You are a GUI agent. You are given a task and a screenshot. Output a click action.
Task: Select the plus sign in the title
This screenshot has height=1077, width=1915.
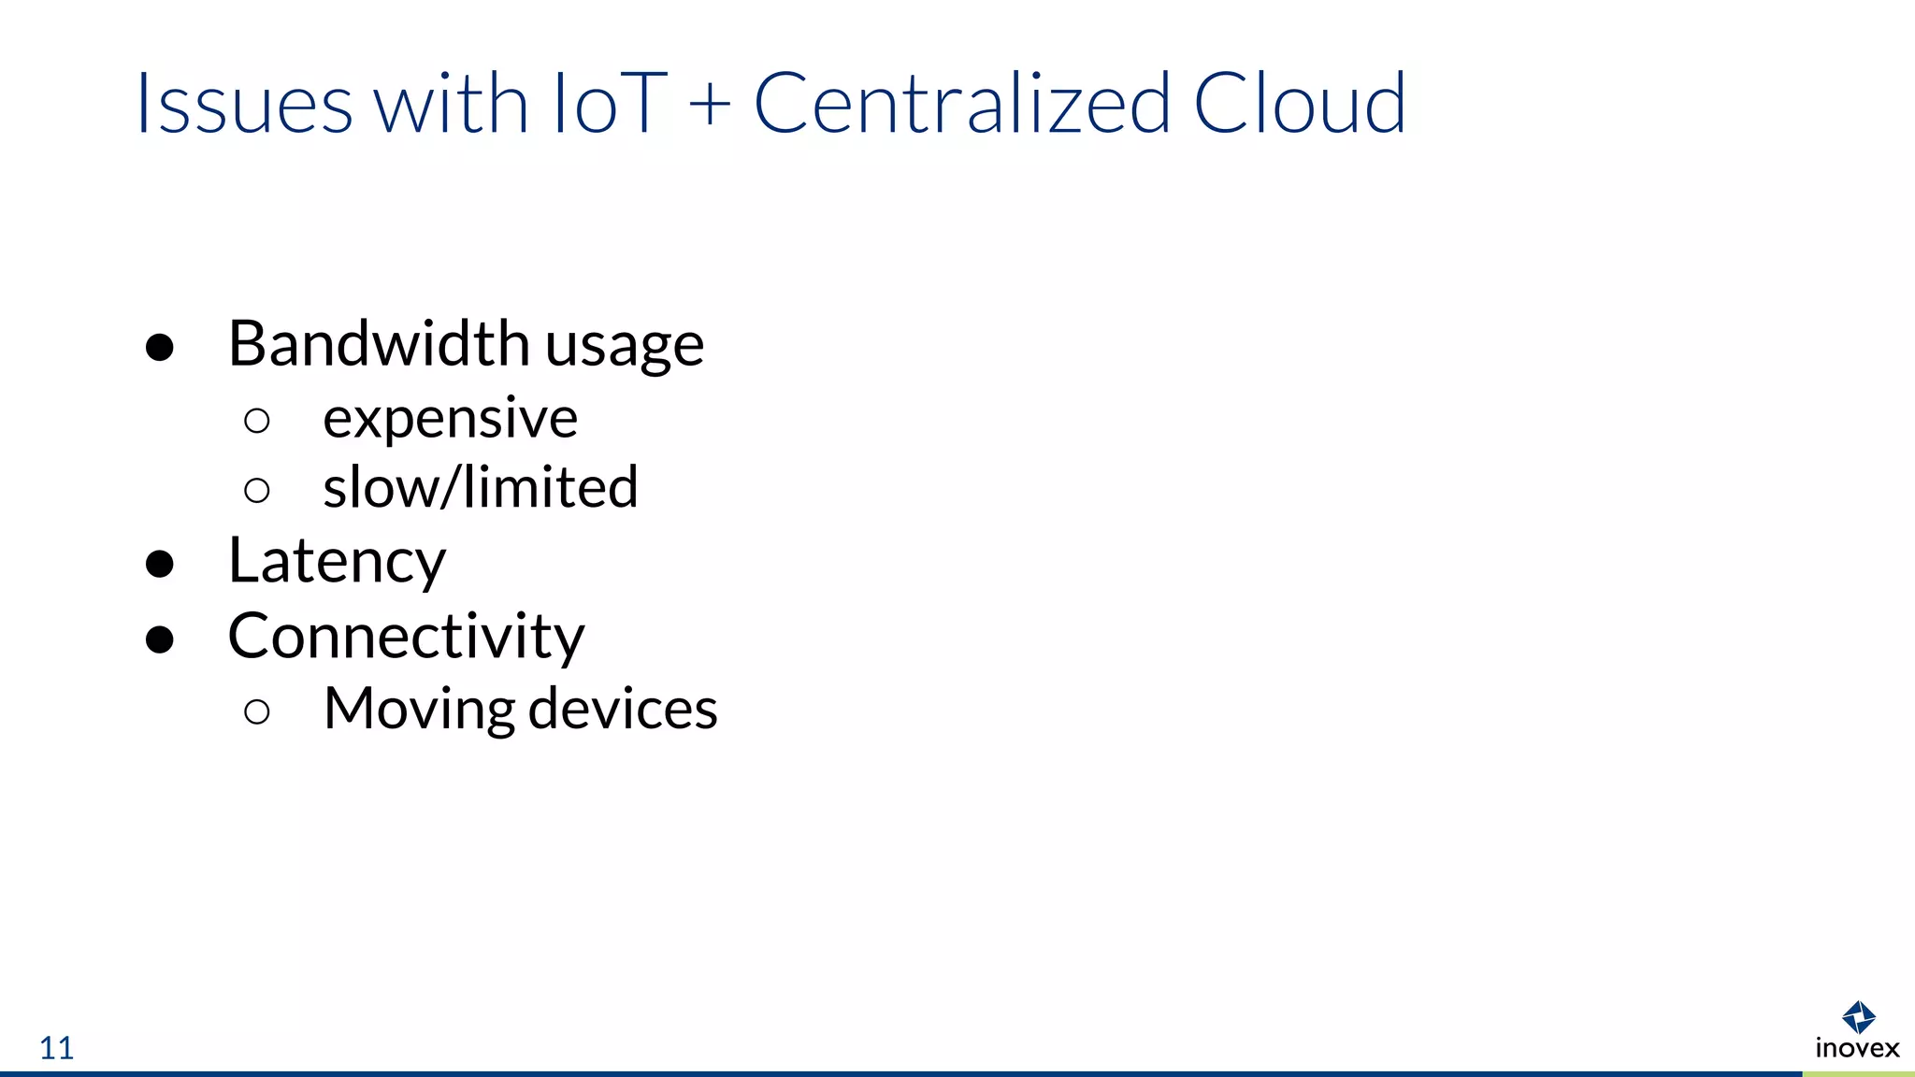pyautogui.click(x=710, y=103)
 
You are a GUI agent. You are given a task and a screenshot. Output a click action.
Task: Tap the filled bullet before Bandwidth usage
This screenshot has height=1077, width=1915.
pyautogui.click(x=160, y=347)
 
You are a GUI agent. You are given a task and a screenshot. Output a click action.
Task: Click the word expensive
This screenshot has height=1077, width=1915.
pyautogui.click(x=450, y=418)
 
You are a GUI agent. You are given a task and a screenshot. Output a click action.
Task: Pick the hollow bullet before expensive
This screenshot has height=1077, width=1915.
pyautogui.click(x=256, y=421)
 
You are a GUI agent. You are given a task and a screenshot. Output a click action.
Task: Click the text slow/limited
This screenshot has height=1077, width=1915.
pyautogui.click(x=481, y=487)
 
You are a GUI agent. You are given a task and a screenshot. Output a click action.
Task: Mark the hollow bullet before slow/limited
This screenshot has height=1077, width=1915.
pyautogui.click(x=256, y=491)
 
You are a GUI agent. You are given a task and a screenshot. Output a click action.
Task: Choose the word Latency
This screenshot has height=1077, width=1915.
pyautogui.click(x=337, y=561)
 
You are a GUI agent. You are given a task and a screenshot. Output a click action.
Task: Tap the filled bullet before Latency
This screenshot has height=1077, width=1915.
pyautogui.click(x=160, y=564)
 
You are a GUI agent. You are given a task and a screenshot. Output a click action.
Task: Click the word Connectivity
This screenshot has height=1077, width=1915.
pyautogui.click(x=406, y=637)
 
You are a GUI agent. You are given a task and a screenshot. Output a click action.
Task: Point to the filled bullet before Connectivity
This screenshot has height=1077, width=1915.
pyautogui.click(x=160, y=639)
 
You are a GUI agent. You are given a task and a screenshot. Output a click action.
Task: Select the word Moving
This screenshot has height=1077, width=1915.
pyautogui.click(x=419, y=709)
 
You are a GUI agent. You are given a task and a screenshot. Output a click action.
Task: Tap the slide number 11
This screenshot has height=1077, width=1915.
pyautogui.click(x=56, y=1048)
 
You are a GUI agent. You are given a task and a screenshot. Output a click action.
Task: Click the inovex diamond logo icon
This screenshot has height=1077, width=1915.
pyautogui.click(x=1858, y=1016)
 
